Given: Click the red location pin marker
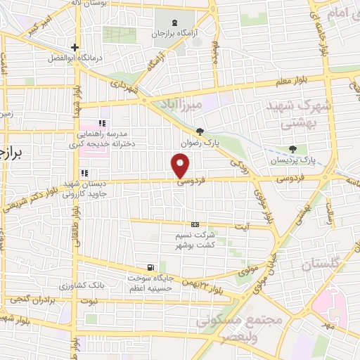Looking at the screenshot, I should click(181, 167).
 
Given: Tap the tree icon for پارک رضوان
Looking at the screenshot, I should click(200, 131).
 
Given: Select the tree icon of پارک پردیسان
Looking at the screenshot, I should click(292, 149).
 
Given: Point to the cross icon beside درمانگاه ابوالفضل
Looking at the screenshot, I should click(74, 48).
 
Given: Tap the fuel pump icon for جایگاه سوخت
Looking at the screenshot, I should click(150, 267).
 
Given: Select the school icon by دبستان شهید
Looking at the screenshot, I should click(84, 173).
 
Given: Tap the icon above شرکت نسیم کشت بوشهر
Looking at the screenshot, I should click(195, 224).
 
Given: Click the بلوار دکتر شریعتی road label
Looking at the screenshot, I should click(25, 196).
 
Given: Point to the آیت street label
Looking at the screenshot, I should click(240, 226).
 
